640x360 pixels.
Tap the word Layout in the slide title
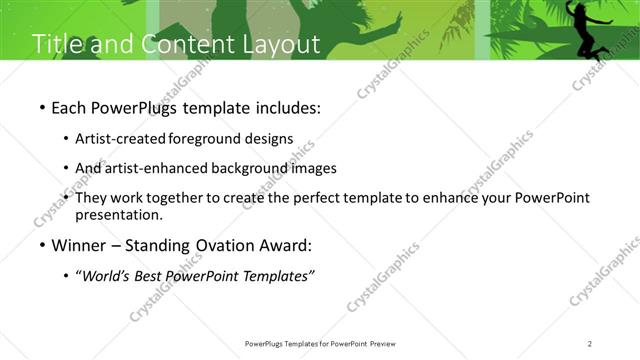[x=281, y=45]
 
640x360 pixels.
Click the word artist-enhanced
[x=159, y=168]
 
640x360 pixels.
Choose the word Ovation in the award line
[x=225, y=245]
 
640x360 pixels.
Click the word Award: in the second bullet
[x=288, y=245]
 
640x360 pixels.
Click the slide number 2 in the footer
[x=590, y=344]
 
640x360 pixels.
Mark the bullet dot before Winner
[x=41, y=246]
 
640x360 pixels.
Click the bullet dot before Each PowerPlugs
[x=41, y=107]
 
